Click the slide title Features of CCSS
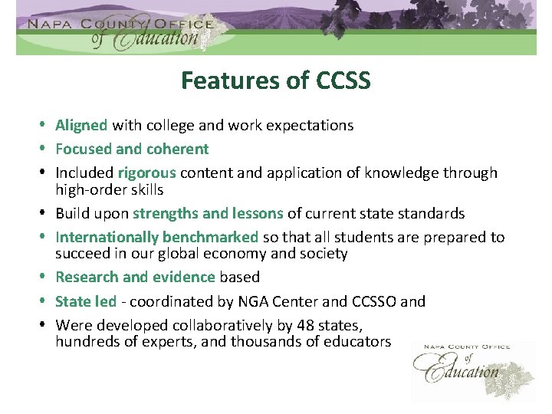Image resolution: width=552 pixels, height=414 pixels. tap(275, 80)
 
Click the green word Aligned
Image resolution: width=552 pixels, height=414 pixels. tap(83, 125)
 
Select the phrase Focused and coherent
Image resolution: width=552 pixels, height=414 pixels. tap(132, 149)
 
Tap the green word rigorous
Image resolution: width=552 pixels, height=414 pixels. tap(146, 173)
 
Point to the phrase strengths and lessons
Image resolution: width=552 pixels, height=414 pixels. tap(208, 213)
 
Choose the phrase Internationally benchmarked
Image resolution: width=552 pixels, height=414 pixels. tap(156, 238)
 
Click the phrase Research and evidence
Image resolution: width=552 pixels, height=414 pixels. tap(135, 277)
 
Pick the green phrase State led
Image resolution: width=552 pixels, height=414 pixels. tap(85, 301)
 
